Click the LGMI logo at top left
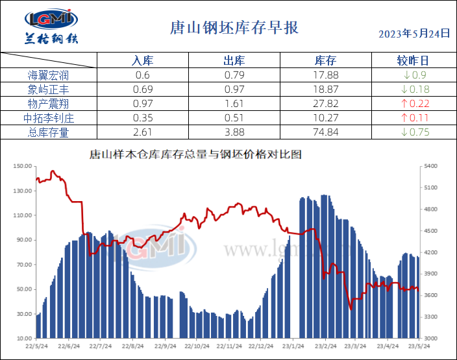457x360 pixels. click(51, 27)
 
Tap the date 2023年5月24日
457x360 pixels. click(414, 34)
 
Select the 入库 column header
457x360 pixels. click(142, 61)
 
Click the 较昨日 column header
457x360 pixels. click(413, 61)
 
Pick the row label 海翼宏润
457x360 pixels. click(49, 75)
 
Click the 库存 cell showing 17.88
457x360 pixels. click(325, 75)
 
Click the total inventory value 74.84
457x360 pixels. click(325, 132)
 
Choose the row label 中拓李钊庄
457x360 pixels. click(49, 118)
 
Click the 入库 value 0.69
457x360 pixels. click(142, 90)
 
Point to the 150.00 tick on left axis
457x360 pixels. click(23, 166)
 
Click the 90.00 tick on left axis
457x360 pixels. click(24, 240)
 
